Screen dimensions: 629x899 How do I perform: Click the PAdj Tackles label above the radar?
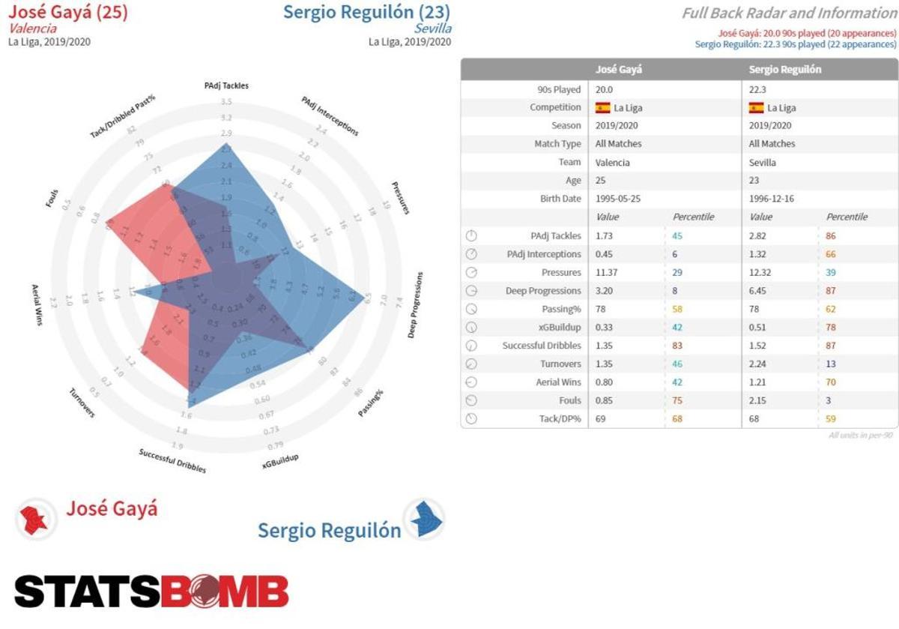tap(226, 85)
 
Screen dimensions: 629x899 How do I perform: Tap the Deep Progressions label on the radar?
tap(417, 304)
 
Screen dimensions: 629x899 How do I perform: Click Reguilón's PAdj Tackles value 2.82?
tap(760, 235)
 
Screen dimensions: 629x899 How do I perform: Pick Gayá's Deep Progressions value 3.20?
tap(605, 290)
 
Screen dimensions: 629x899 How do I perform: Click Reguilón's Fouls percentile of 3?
tap(829, 400)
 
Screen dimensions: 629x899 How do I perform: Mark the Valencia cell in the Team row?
tap(612, 162)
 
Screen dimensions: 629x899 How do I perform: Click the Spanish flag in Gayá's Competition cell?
tap(602, 107)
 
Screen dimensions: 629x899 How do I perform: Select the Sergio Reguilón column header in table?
tap(785, 69)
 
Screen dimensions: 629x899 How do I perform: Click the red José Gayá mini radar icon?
tap(34, 518)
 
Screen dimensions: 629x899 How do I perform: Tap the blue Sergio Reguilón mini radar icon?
tap(424, 519)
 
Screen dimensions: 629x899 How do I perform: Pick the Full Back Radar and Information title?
tap(789, 13)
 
